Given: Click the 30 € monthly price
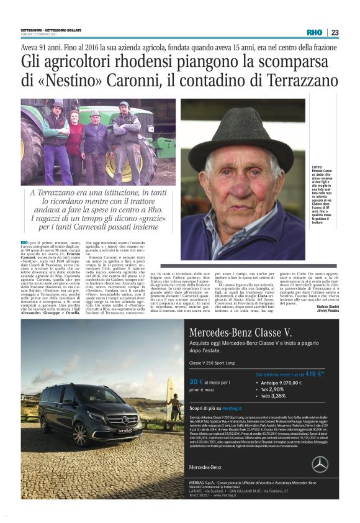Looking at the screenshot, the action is click(x=197, y=381).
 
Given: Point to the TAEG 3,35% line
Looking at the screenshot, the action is click(x=273, y=396).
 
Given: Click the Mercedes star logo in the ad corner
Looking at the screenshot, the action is click(x=320, y=463).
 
